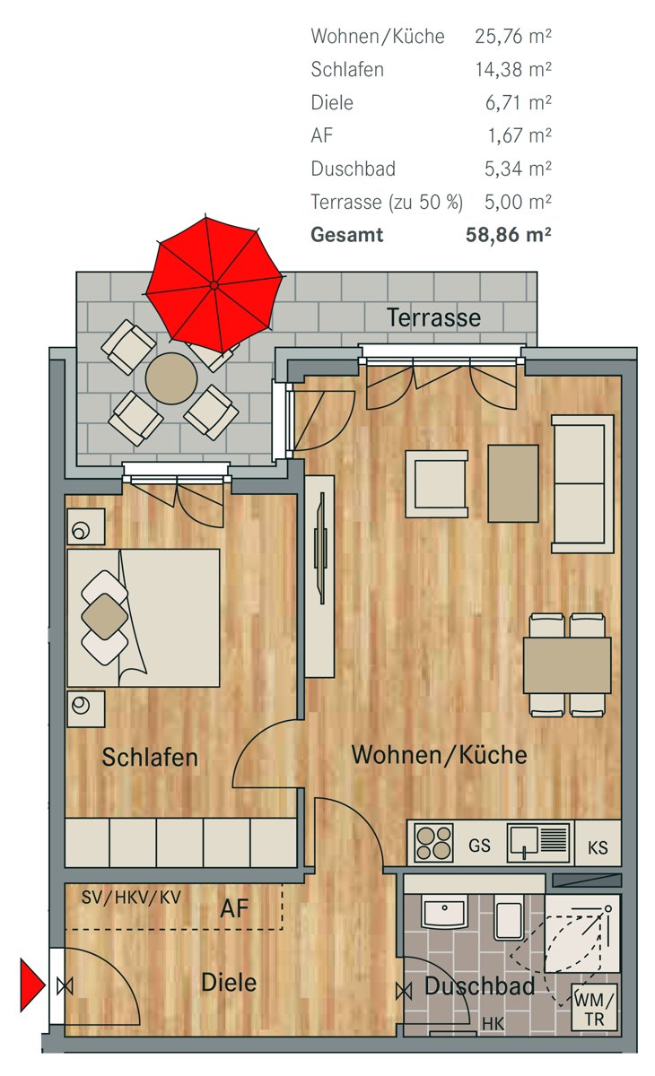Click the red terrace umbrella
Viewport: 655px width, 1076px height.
point(214,285)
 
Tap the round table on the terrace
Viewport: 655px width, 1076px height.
point(171,378)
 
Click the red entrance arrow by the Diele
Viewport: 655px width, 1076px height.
point(32,985)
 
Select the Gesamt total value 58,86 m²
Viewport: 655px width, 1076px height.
point(508,234)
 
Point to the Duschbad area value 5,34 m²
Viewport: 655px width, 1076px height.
point(518,169)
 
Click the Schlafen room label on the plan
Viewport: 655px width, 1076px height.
point(150,757)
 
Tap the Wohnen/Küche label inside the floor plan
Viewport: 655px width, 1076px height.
point(440,755)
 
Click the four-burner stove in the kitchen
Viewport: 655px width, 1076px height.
point(434,842)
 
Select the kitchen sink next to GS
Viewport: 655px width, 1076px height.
point(538,842)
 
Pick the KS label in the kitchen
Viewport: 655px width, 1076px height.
point(598,848)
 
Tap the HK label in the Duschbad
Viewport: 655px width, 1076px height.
point(493,1024)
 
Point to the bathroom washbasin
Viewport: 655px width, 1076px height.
point(444,911)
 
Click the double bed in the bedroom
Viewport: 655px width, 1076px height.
point(144,618)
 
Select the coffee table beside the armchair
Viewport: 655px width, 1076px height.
point(512,483)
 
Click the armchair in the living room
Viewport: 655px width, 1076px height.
point(436,483)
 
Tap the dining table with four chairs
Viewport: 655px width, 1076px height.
point(567,665)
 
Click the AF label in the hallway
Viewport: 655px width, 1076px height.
point(234,908)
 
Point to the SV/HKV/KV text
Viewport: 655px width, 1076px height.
point(131,897)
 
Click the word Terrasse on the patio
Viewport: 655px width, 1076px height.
point(433,317)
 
